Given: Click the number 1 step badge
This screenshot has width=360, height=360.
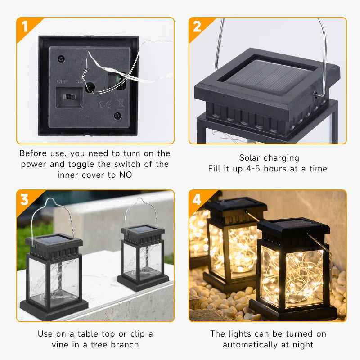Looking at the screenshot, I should [x=24, y=27].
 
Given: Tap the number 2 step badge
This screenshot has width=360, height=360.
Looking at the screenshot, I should [x=197, y=27].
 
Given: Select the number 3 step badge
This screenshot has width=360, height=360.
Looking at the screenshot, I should [x=24, y=199].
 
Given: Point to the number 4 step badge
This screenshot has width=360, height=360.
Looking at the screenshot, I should [x=197, y=199].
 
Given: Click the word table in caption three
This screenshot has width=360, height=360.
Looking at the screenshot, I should [x=76, y=334].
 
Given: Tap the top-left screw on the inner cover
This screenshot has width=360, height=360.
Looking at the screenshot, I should [x=62, y=58].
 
